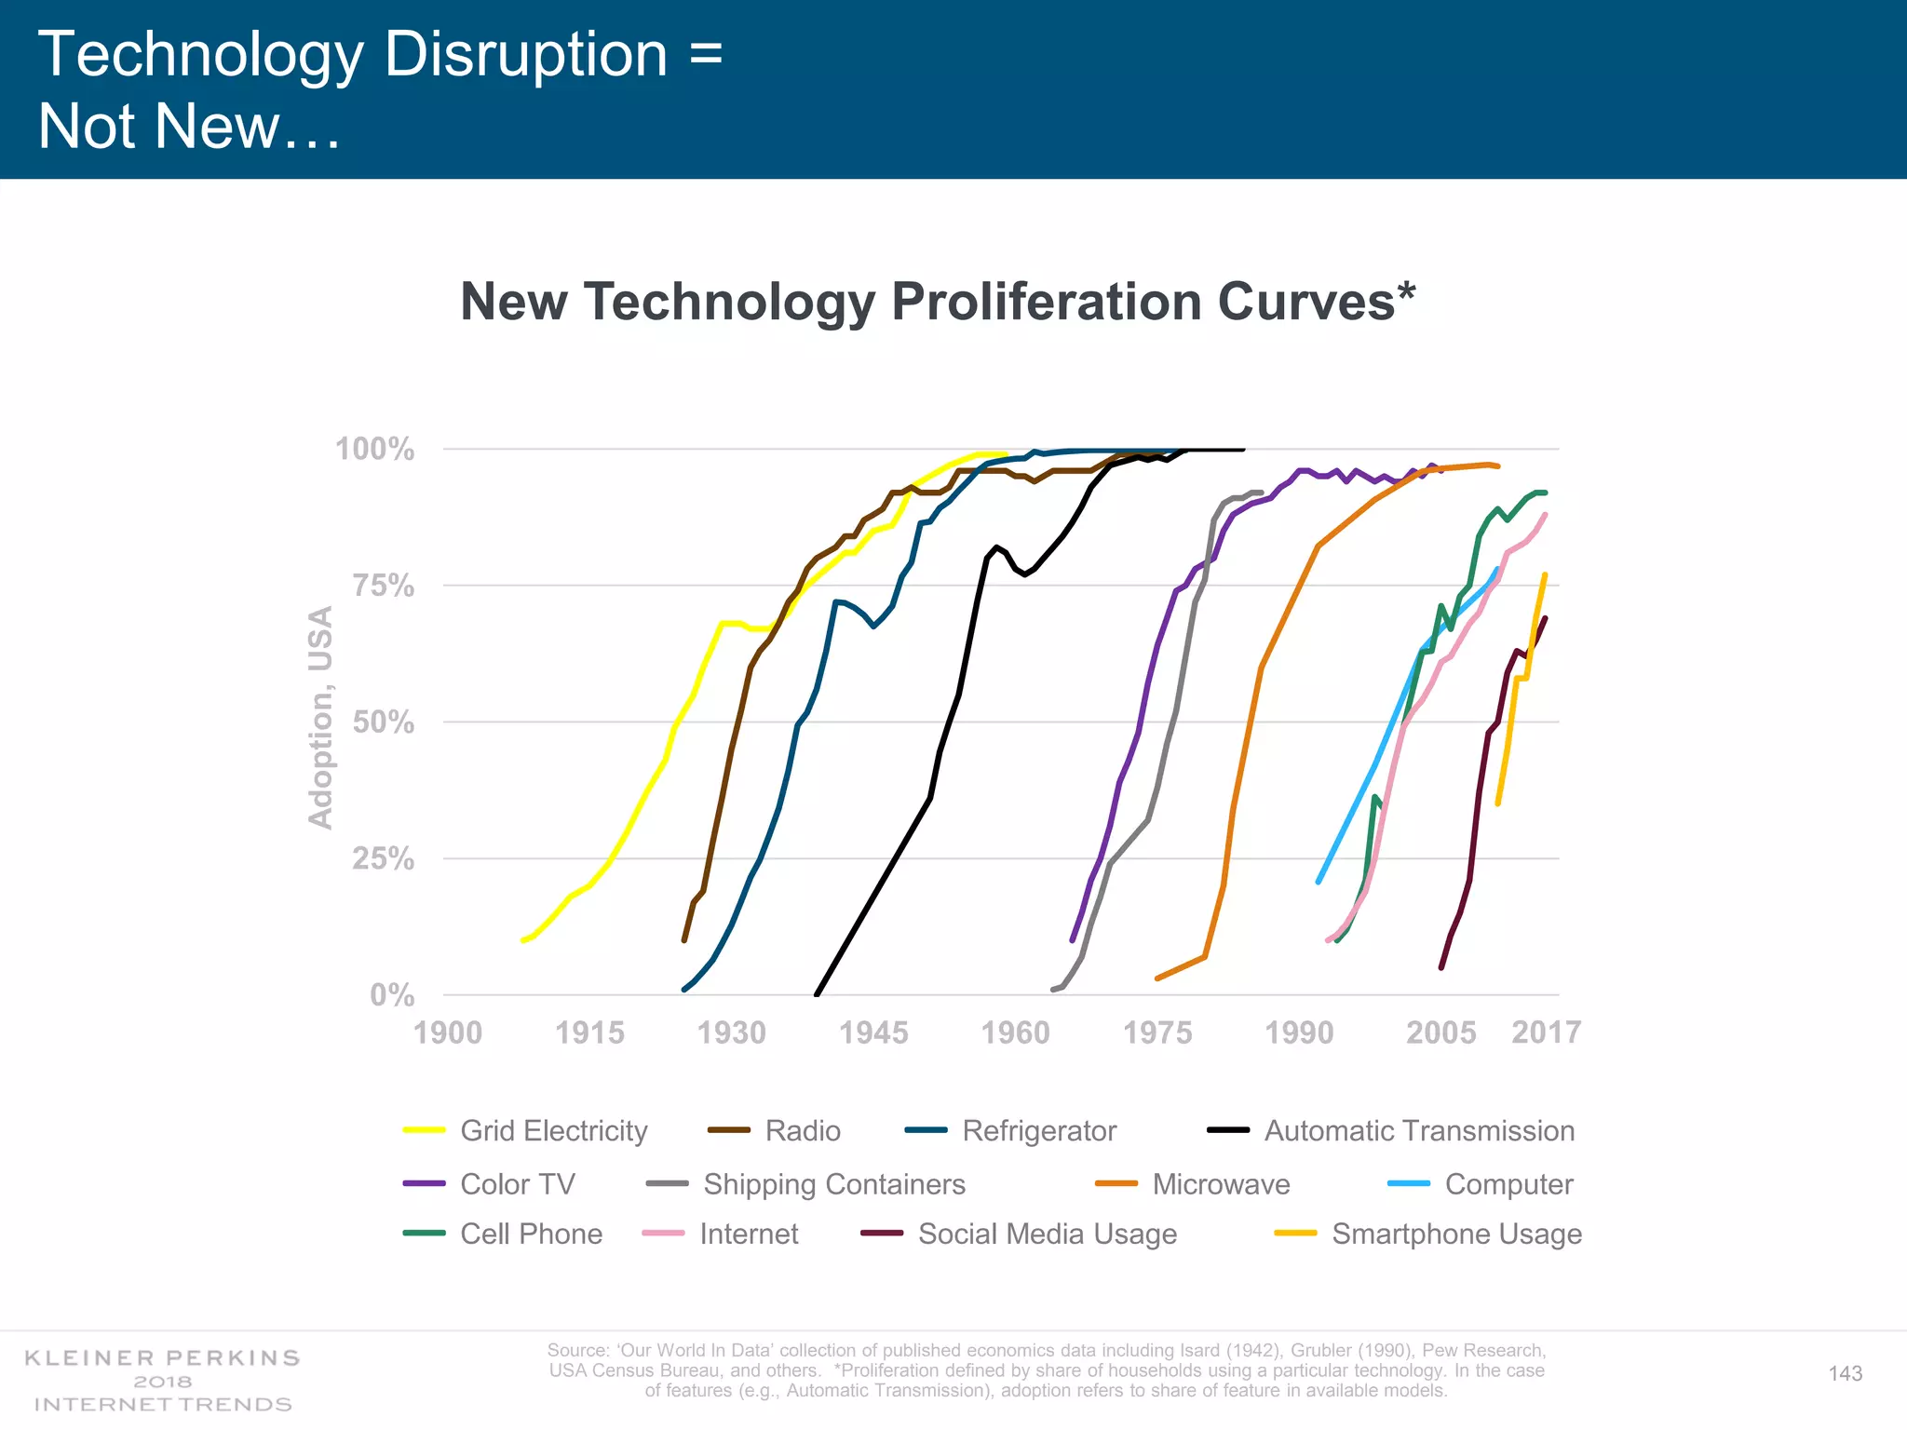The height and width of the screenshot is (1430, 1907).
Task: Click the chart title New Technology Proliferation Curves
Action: coord(937,303)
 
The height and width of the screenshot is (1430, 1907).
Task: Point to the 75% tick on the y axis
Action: coord(383,586)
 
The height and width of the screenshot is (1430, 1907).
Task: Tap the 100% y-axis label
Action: coord(374,449)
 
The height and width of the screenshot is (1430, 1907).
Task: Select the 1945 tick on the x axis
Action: coord(873,1032)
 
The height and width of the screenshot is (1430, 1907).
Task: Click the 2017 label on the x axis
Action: coord(1546,1032)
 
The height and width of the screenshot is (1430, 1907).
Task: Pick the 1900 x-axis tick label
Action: coord(448,1032)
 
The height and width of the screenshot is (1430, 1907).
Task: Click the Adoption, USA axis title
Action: coord(320,717)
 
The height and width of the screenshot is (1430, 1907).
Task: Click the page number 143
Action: coord(1845,1373)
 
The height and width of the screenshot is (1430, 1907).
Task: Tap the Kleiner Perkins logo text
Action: coord(163,1358)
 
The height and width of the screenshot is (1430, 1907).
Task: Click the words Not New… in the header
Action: coord(190,126)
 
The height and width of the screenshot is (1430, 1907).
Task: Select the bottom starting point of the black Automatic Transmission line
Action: coord(817,994)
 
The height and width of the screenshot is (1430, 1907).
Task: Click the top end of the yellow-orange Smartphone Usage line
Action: coord(1545,575)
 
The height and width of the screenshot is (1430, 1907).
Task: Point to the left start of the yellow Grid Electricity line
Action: coord(522,941)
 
